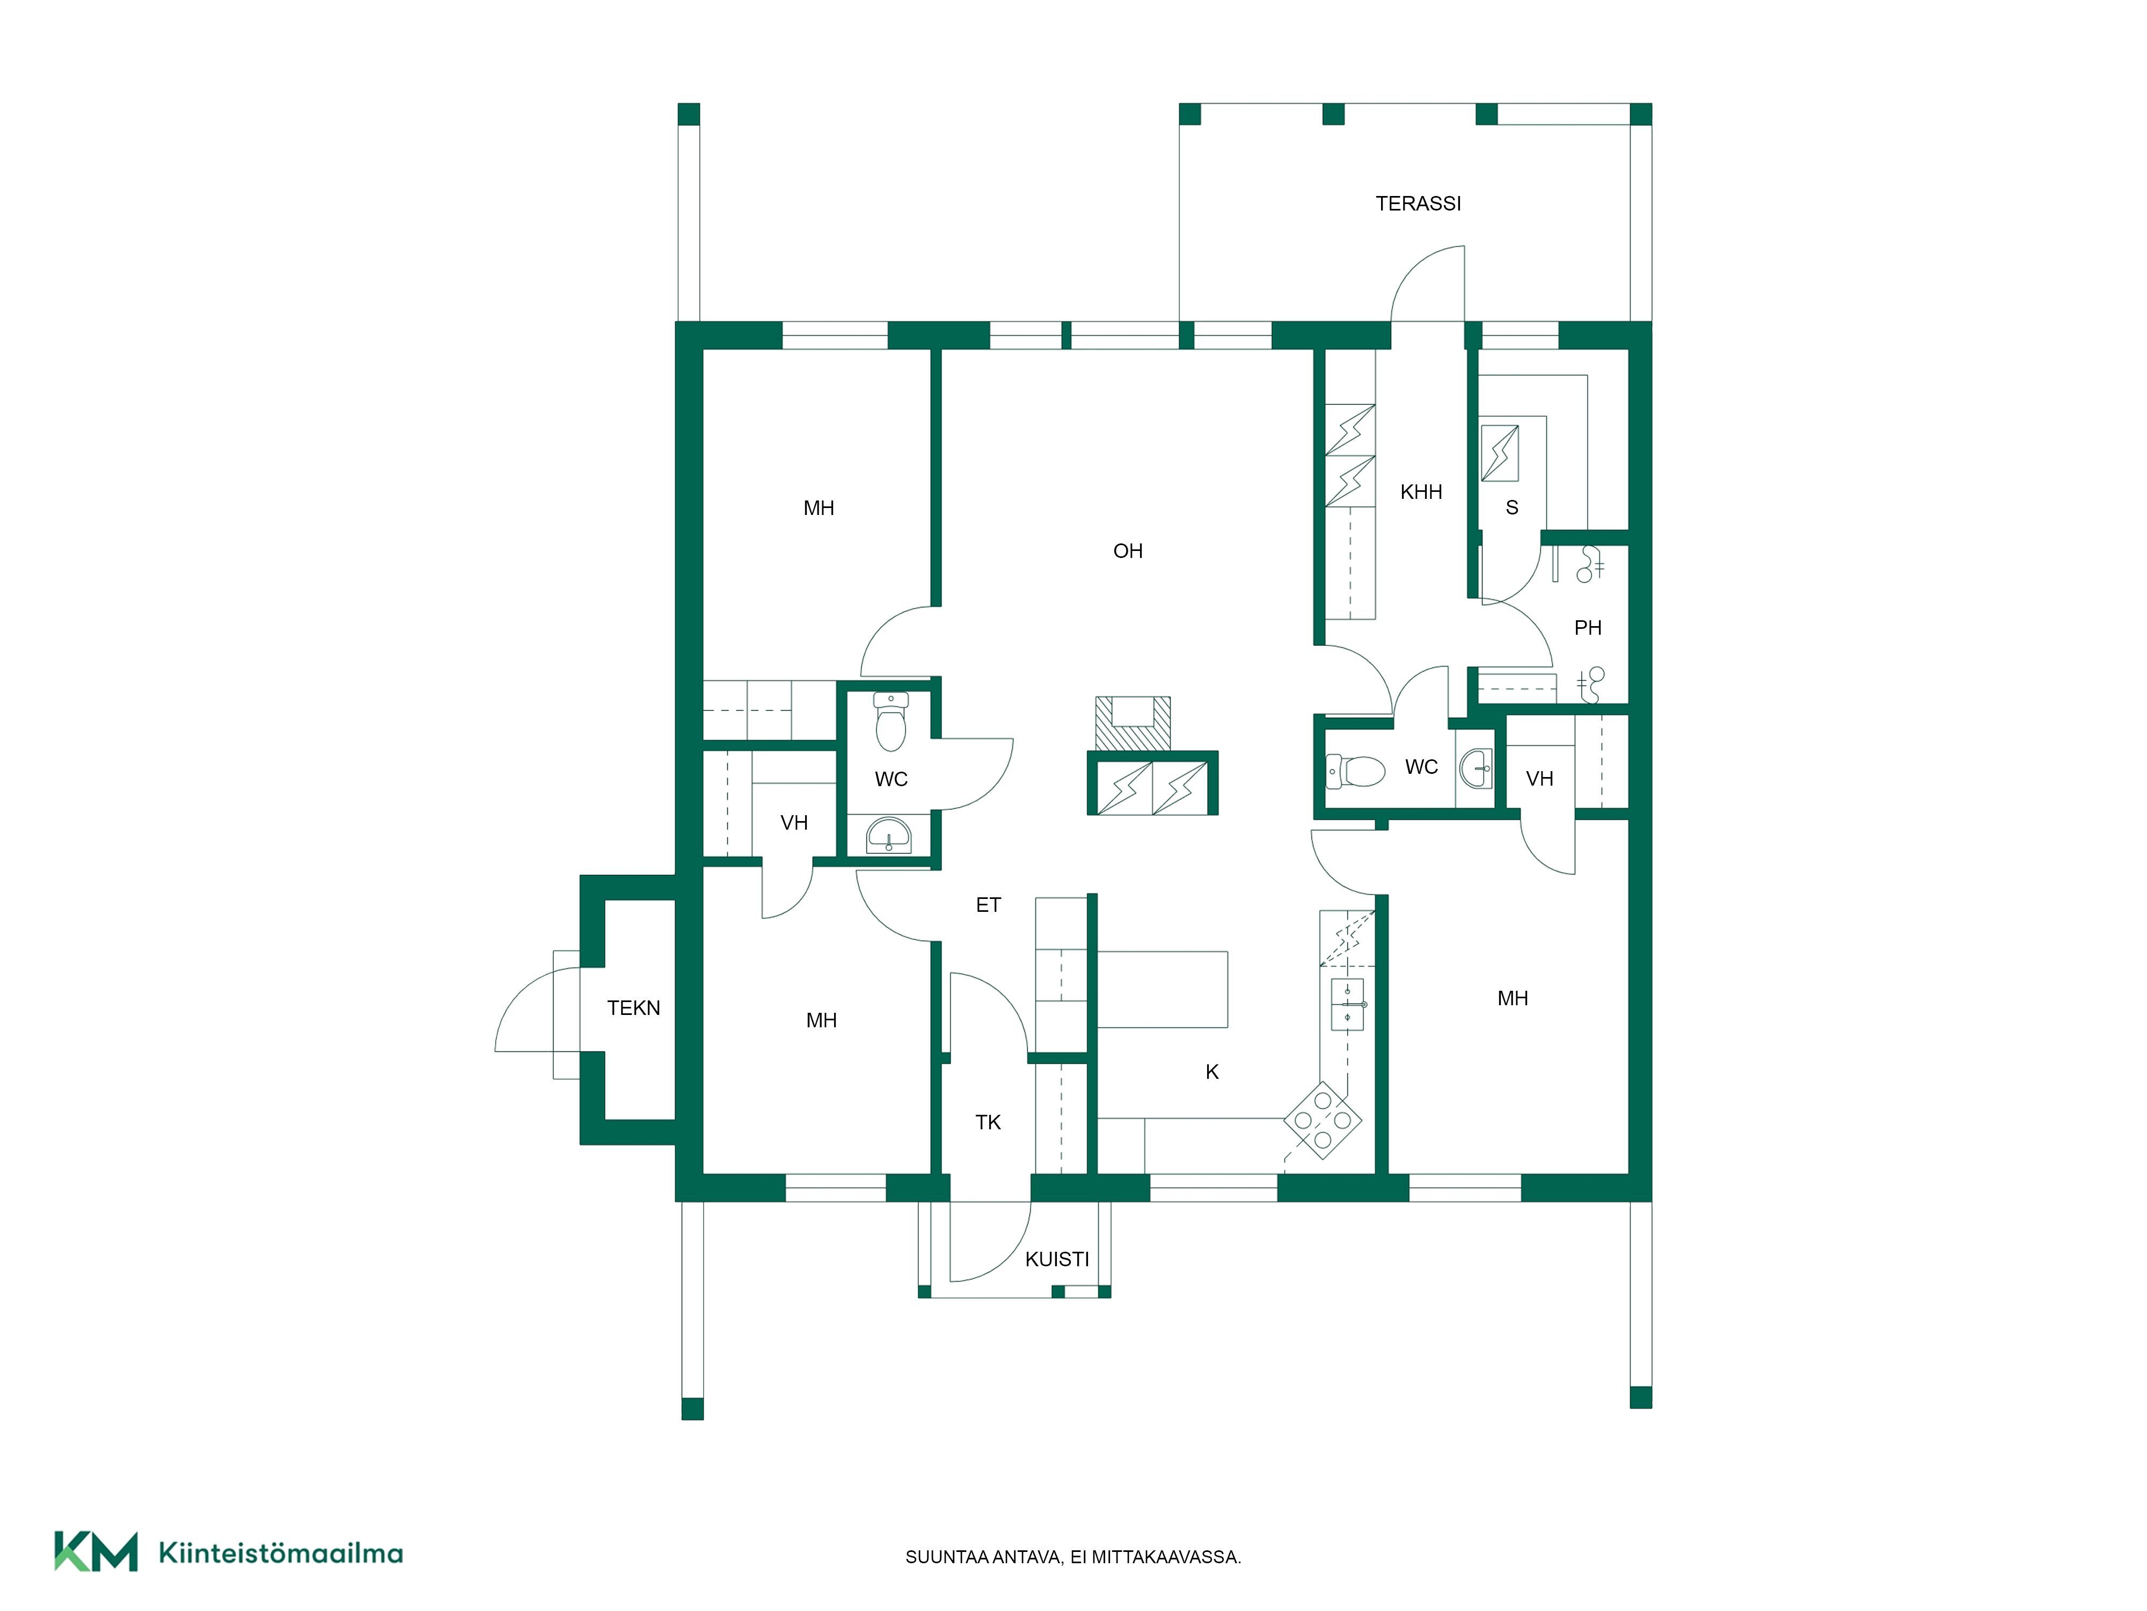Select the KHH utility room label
[x=1421, y=492]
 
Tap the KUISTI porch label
[x=1057, y=1259]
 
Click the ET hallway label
[x=988, y=905]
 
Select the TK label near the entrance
[x=988, y=1122]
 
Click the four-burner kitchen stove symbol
[x=1323, y=1121]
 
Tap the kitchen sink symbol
[x=1347, y=1004]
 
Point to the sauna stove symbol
[x=1500, y=453]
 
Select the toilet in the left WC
[x=891, y=722]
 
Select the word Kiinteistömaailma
[x=281, y=1553]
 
